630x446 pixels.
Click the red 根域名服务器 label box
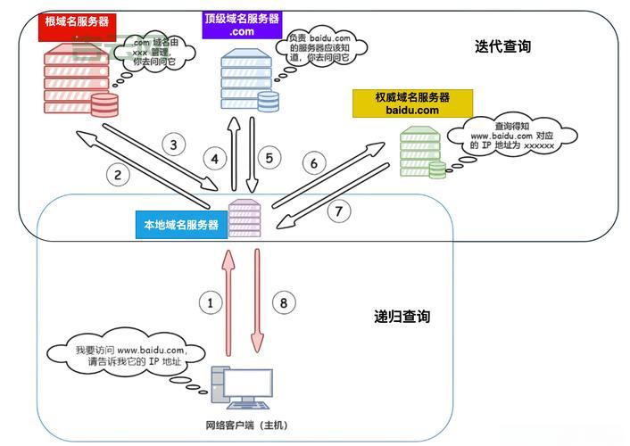coord(77,23)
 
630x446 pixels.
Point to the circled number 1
coord(211,302)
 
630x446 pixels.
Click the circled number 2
coord(118,174)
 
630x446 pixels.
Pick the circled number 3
coord(174,144)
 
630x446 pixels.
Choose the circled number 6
coord(312,163)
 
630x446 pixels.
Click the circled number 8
coord(284,302)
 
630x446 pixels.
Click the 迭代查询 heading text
coord(502,47)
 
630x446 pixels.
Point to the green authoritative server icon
coord(420,153)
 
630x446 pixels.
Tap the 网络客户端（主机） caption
coord(246,425)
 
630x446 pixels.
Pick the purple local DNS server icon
coord(244,219)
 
